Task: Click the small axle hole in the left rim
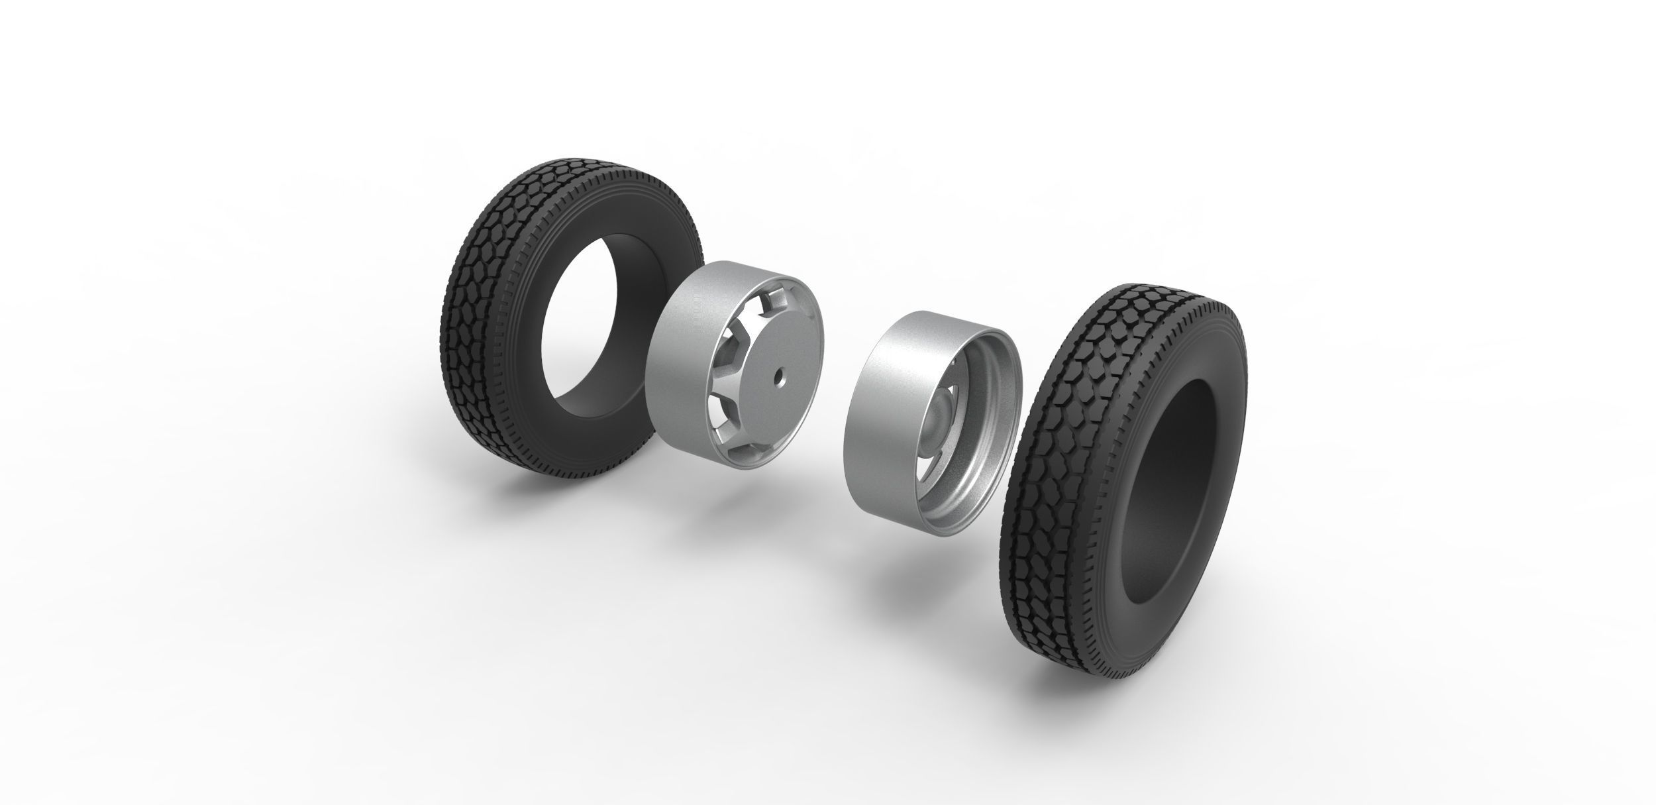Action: coord(778,382)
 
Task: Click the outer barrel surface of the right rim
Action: coord(881,398)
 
